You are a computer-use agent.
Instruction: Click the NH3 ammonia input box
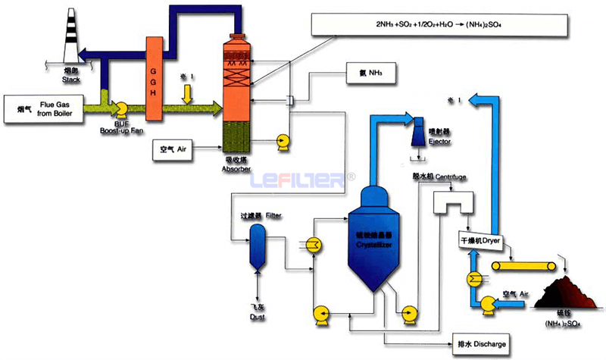(371, 74)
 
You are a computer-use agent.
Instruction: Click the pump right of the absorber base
(284, 141)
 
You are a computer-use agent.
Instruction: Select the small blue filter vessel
(258, 249)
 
